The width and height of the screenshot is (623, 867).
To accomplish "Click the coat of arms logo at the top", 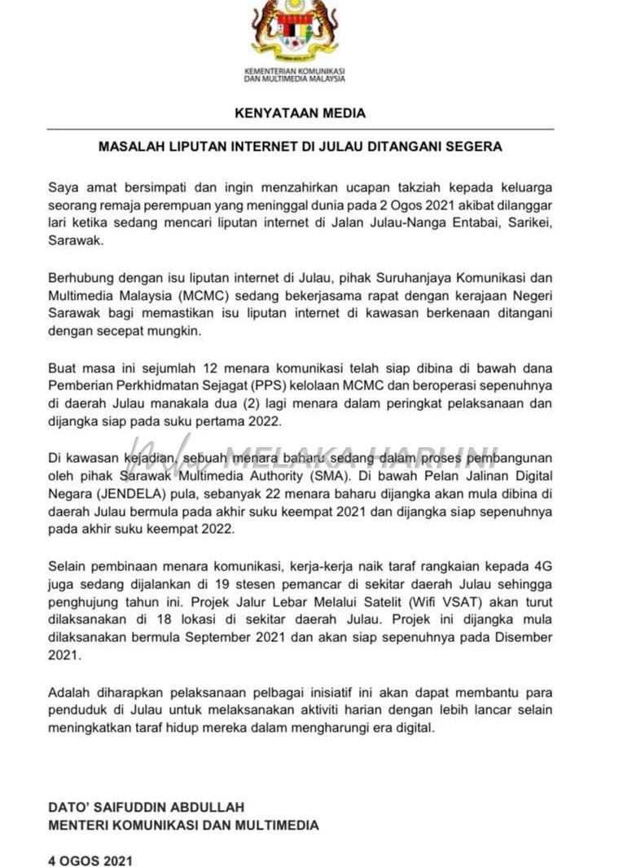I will pyautogui.click(x=294, y=33).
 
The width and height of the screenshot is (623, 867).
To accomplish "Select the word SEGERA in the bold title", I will pyautogui.click(x=472, y=147).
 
